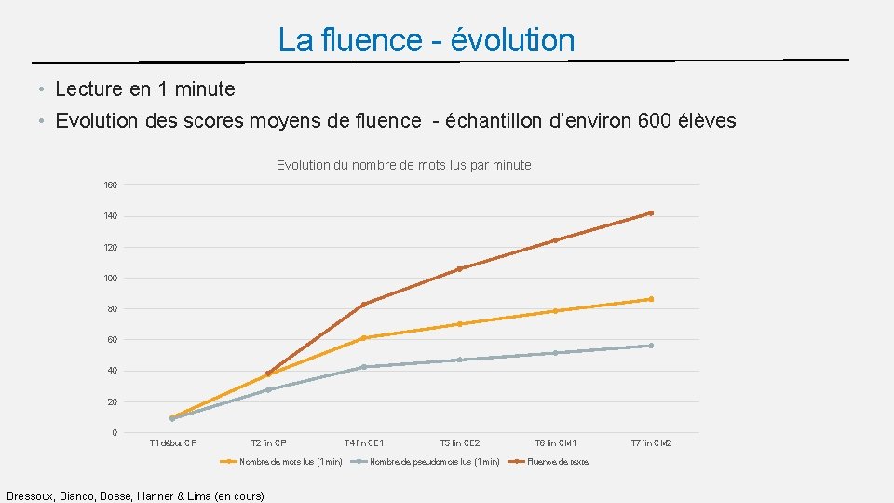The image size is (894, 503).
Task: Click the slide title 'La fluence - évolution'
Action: (427, 40)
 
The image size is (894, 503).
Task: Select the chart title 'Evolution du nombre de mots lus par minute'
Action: (403, 165)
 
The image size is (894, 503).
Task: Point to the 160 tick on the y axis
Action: (110, 185)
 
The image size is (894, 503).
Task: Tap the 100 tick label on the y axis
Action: (110, 278)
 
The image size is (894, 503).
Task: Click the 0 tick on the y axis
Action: (114, 432)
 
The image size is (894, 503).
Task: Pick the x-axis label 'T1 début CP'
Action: (173, 443)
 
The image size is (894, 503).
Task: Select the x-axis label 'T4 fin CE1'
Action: (363, 443)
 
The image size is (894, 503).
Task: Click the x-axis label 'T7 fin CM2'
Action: (651, 443)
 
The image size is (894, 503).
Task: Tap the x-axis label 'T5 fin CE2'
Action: (459, 443)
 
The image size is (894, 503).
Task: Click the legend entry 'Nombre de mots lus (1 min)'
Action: (291, 462)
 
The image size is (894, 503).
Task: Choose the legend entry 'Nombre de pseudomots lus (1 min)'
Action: (434, 462)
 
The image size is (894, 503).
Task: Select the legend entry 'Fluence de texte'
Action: (558, 462)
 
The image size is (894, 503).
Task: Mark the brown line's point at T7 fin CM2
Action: (651, 213)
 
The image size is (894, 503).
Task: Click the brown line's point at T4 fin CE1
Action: (363, 305)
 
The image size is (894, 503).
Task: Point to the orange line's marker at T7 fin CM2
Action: (651, 299)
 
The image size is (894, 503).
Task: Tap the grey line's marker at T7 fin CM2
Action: (651, 346)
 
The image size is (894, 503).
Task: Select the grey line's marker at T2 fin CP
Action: (268, 389)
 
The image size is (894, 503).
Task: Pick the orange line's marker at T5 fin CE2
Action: (459, 324)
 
